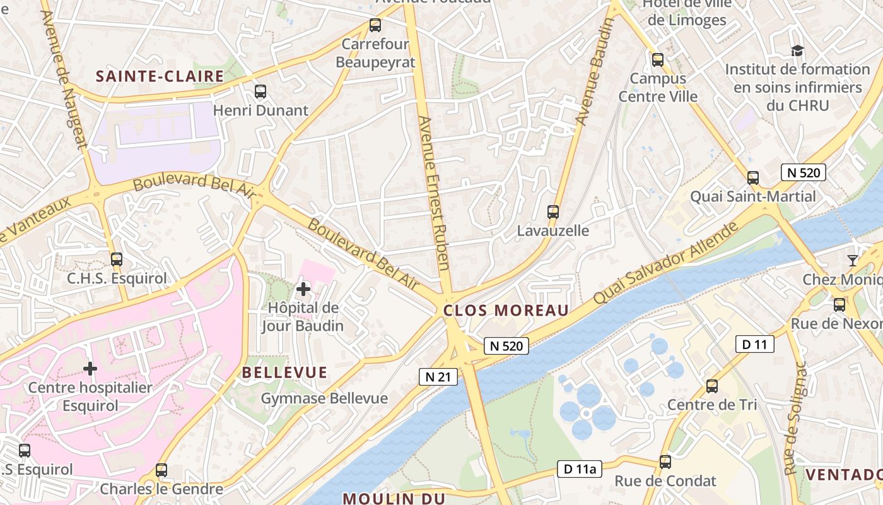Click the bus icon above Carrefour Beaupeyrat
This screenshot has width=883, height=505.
375,25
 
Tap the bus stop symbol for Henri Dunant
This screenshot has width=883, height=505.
260,92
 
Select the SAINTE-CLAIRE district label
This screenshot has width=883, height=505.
160,76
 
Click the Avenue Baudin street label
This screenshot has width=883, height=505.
594,71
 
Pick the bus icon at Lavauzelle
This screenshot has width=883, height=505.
553,212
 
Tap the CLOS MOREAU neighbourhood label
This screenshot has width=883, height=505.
506,310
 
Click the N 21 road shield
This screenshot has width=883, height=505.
438,377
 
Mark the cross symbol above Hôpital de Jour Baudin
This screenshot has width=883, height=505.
303,289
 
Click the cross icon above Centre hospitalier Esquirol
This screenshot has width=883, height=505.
90,368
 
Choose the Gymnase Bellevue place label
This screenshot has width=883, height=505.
324,398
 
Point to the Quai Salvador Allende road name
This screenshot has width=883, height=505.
665,263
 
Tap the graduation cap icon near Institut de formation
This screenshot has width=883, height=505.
797,50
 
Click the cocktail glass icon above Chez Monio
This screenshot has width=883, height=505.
853,260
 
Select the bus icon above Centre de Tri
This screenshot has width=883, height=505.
712,386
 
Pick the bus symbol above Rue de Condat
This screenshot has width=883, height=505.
665,462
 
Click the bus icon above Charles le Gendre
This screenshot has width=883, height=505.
161,470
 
